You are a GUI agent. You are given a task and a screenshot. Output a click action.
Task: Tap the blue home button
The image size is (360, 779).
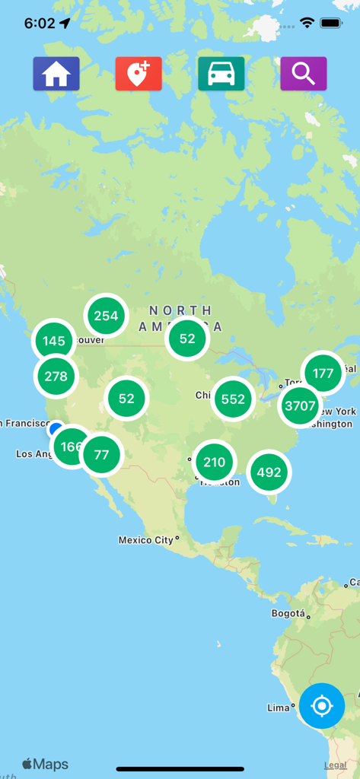click(56, 74)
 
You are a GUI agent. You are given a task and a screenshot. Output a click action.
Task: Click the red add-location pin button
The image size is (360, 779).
click(139, 74)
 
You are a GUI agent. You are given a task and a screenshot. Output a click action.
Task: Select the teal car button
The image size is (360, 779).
click(221, 74)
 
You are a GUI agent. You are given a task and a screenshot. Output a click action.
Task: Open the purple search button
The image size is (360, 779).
click(304, 74)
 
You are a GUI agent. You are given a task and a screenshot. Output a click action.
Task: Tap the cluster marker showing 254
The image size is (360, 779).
click(106, 315)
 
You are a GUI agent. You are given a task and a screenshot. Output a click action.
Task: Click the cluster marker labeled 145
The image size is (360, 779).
click(54, 341)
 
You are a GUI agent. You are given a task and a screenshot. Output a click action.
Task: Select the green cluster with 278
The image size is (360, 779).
click(56, 376)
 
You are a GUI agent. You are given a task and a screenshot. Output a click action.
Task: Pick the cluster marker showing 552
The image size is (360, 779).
click(233, 399)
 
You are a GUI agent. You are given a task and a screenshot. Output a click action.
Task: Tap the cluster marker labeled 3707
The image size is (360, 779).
click(300, 405)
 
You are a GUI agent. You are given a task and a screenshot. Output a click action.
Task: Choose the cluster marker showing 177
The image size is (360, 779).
click(323, 373)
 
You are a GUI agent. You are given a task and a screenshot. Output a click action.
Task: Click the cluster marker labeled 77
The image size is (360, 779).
click(101, 455)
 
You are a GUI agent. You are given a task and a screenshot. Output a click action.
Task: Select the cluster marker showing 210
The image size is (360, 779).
click(215, 462)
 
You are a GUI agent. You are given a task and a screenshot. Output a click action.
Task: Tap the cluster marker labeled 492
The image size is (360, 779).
click(269, 472)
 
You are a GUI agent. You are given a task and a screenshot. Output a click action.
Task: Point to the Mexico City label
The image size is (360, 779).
click(146, 540)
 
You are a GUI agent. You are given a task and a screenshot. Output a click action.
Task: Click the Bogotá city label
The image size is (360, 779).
click(288, 613)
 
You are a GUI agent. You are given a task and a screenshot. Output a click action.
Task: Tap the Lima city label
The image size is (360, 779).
click(278, 707)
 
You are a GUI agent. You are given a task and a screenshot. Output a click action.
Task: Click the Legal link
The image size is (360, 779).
click(336, 765)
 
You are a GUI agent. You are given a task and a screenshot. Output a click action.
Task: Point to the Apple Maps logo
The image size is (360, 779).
click(45, 765)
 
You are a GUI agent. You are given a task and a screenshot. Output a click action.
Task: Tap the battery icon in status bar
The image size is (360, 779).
click(331, 23)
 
